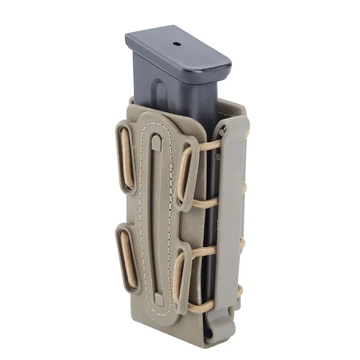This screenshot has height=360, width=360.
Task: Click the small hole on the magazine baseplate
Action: click(x=177, y=45)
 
